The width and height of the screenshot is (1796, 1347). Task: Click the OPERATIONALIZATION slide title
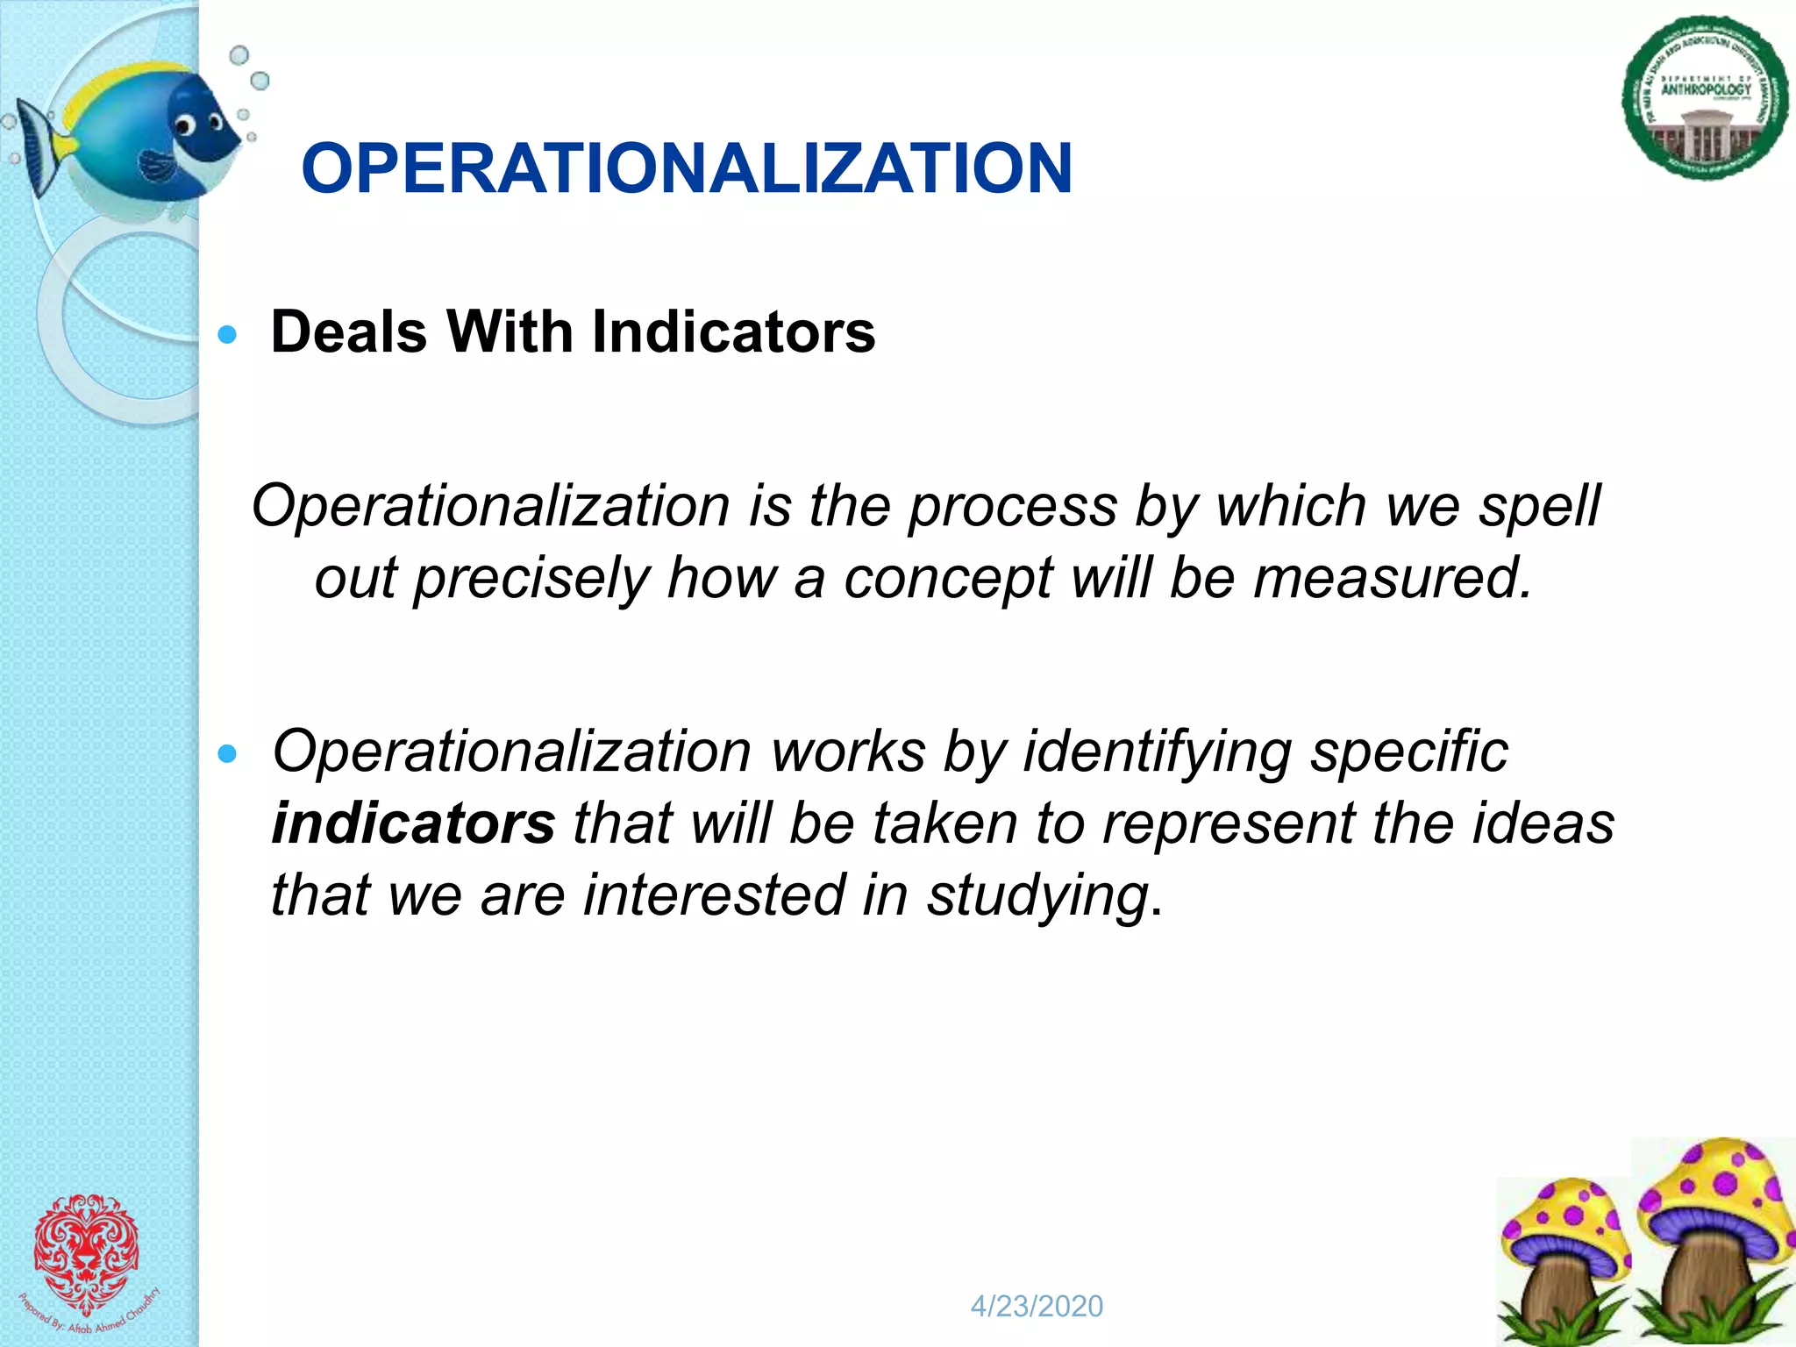point(686,168)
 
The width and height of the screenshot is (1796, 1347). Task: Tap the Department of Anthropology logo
point(1705,98)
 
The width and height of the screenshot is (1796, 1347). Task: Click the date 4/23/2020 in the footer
point(1037,1307)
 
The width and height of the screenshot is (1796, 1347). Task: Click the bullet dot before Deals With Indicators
point(228,334)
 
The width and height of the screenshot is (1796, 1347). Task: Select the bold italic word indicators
point(413,824)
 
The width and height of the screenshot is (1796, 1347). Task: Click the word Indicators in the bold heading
point(733,332)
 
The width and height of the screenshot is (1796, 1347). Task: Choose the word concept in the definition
point(947,579)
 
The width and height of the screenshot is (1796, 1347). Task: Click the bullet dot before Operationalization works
point(228,754)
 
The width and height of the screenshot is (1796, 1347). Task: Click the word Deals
point(349,332)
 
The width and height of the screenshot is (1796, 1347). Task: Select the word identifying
point(1158,752)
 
